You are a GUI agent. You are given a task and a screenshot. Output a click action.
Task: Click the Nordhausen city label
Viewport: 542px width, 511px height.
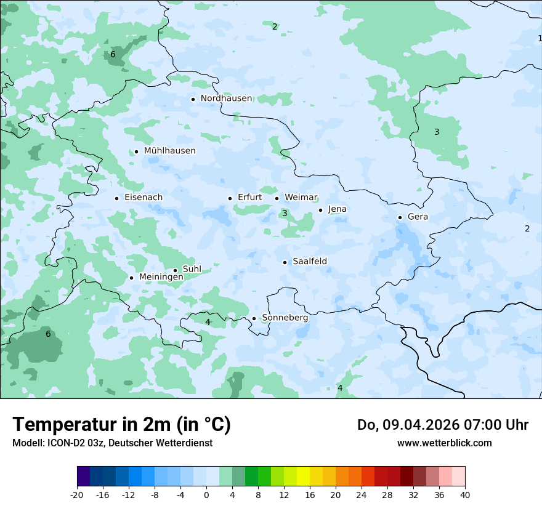(226, 99)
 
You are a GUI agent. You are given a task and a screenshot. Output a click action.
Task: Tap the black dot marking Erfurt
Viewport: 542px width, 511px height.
(230, 198)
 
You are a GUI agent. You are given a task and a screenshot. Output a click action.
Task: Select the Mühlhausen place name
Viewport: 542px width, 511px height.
(169, 151)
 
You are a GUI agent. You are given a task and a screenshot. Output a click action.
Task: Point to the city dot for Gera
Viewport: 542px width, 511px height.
(400, 217)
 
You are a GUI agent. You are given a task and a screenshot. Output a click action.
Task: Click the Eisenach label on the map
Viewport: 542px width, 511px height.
(144, 198)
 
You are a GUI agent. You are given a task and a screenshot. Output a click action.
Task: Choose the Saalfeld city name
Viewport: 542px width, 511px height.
(310, 262)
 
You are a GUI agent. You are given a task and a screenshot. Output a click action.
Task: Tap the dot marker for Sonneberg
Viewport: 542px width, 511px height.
(254, 318)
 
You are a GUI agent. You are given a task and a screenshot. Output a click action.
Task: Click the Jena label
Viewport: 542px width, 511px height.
(337, 209)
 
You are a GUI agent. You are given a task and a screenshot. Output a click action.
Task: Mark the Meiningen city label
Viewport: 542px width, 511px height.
(161, 278)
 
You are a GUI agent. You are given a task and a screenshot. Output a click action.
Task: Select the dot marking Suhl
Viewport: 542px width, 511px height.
(175, 270)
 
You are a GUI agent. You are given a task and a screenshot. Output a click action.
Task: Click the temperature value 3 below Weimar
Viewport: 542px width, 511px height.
(285, 214)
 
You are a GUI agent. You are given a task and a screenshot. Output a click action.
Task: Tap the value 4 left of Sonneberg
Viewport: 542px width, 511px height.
(208, 322)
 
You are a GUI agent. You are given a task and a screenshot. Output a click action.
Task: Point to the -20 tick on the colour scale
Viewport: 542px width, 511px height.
(77, 494)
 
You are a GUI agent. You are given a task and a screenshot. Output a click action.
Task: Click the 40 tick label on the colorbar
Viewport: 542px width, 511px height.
(465, 494)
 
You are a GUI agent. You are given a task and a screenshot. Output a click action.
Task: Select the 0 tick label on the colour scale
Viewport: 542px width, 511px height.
(206, 494)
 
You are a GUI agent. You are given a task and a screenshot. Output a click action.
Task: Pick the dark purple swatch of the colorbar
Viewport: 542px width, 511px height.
(83, 477)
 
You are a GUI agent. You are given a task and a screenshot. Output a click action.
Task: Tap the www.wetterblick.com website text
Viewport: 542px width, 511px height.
(444, 443)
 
